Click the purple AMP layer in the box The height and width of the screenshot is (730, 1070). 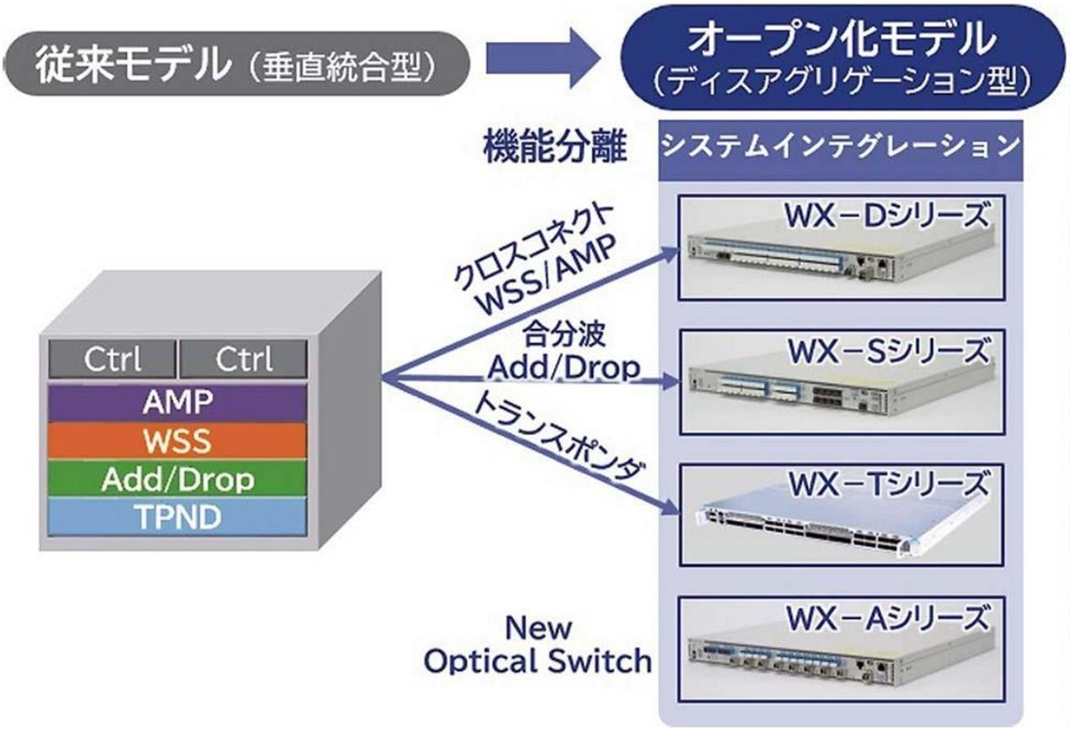176,403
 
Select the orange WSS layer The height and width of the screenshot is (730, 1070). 176,441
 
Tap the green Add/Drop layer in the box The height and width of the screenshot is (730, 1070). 176,479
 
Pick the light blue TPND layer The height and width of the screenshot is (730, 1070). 176,516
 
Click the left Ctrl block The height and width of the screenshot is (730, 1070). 112,360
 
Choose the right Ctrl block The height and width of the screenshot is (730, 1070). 243,360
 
